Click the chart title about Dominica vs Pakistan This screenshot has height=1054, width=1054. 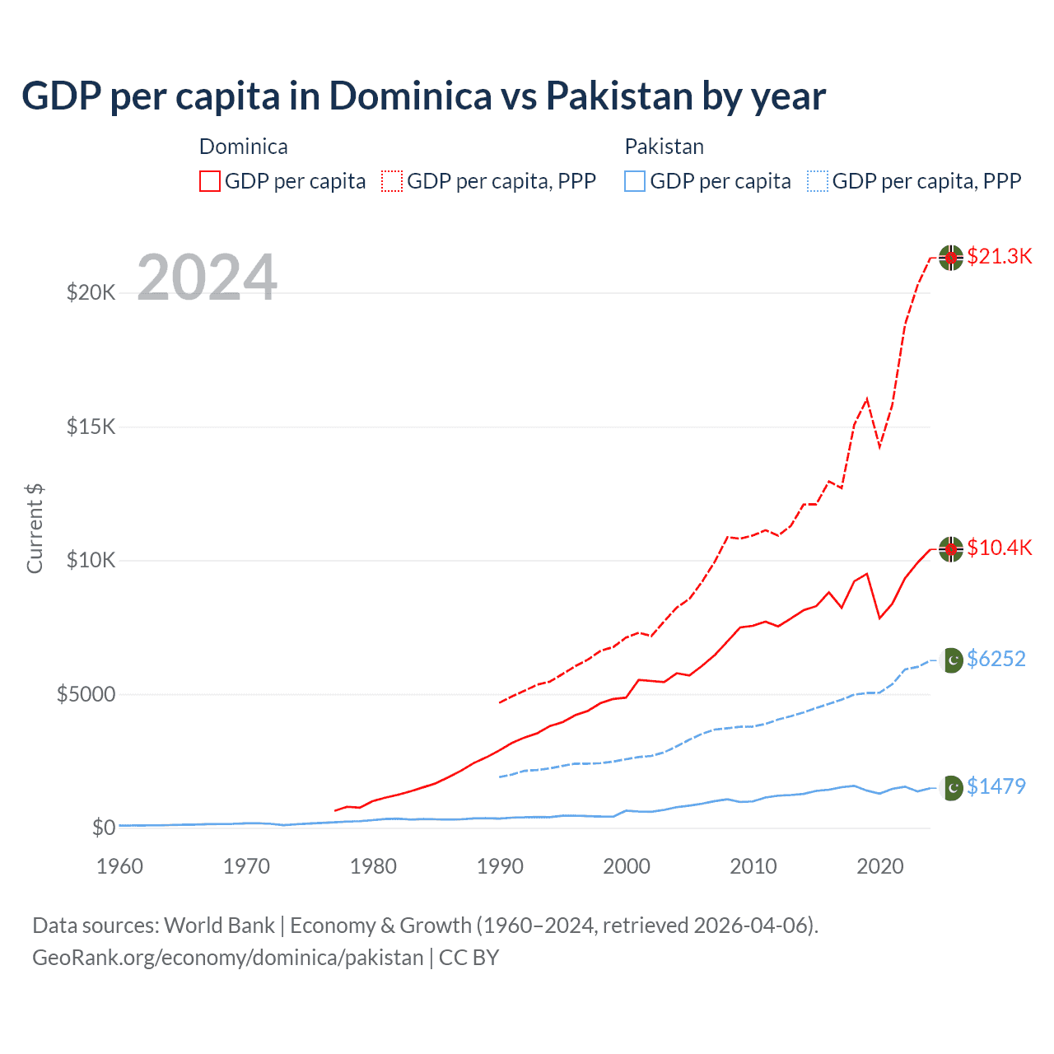[x=423, y=96]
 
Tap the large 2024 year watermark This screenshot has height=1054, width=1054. [x=207, y=277]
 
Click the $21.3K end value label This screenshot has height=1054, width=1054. [x=999, y=256]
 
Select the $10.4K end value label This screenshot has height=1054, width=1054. [x=999, y=548]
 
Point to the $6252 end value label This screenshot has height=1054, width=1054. [x=996, y=659]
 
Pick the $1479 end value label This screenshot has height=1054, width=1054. [x=996, y=786]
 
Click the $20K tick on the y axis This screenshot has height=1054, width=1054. [x=91, y=292]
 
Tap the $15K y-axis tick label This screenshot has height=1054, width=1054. [x=91, y=427]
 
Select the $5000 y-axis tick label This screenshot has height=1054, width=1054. [x=86, y=694]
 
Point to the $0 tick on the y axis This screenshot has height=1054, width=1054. [x=103, y=828]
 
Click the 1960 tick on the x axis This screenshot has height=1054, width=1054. [x=120, y=866]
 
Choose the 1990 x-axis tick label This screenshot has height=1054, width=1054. [x=500, y=866]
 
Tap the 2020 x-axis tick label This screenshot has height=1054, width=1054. [x=880, y=866]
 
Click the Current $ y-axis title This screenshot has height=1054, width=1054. [x=35, y=529]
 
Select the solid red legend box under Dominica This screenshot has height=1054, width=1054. [x=210, y=181]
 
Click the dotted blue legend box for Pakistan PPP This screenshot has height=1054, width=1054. [x=818, y=181]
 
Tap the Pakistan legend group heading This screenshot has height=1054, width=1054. [x=664, y=147]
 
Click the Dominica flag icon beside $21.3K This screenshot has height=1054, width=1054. [x=951, y=258]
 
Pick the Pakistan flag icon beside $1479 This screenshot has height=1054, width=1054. [x=952, y=788]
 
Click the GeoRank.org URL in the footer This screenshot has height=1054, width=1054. [x=227, y=958]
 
